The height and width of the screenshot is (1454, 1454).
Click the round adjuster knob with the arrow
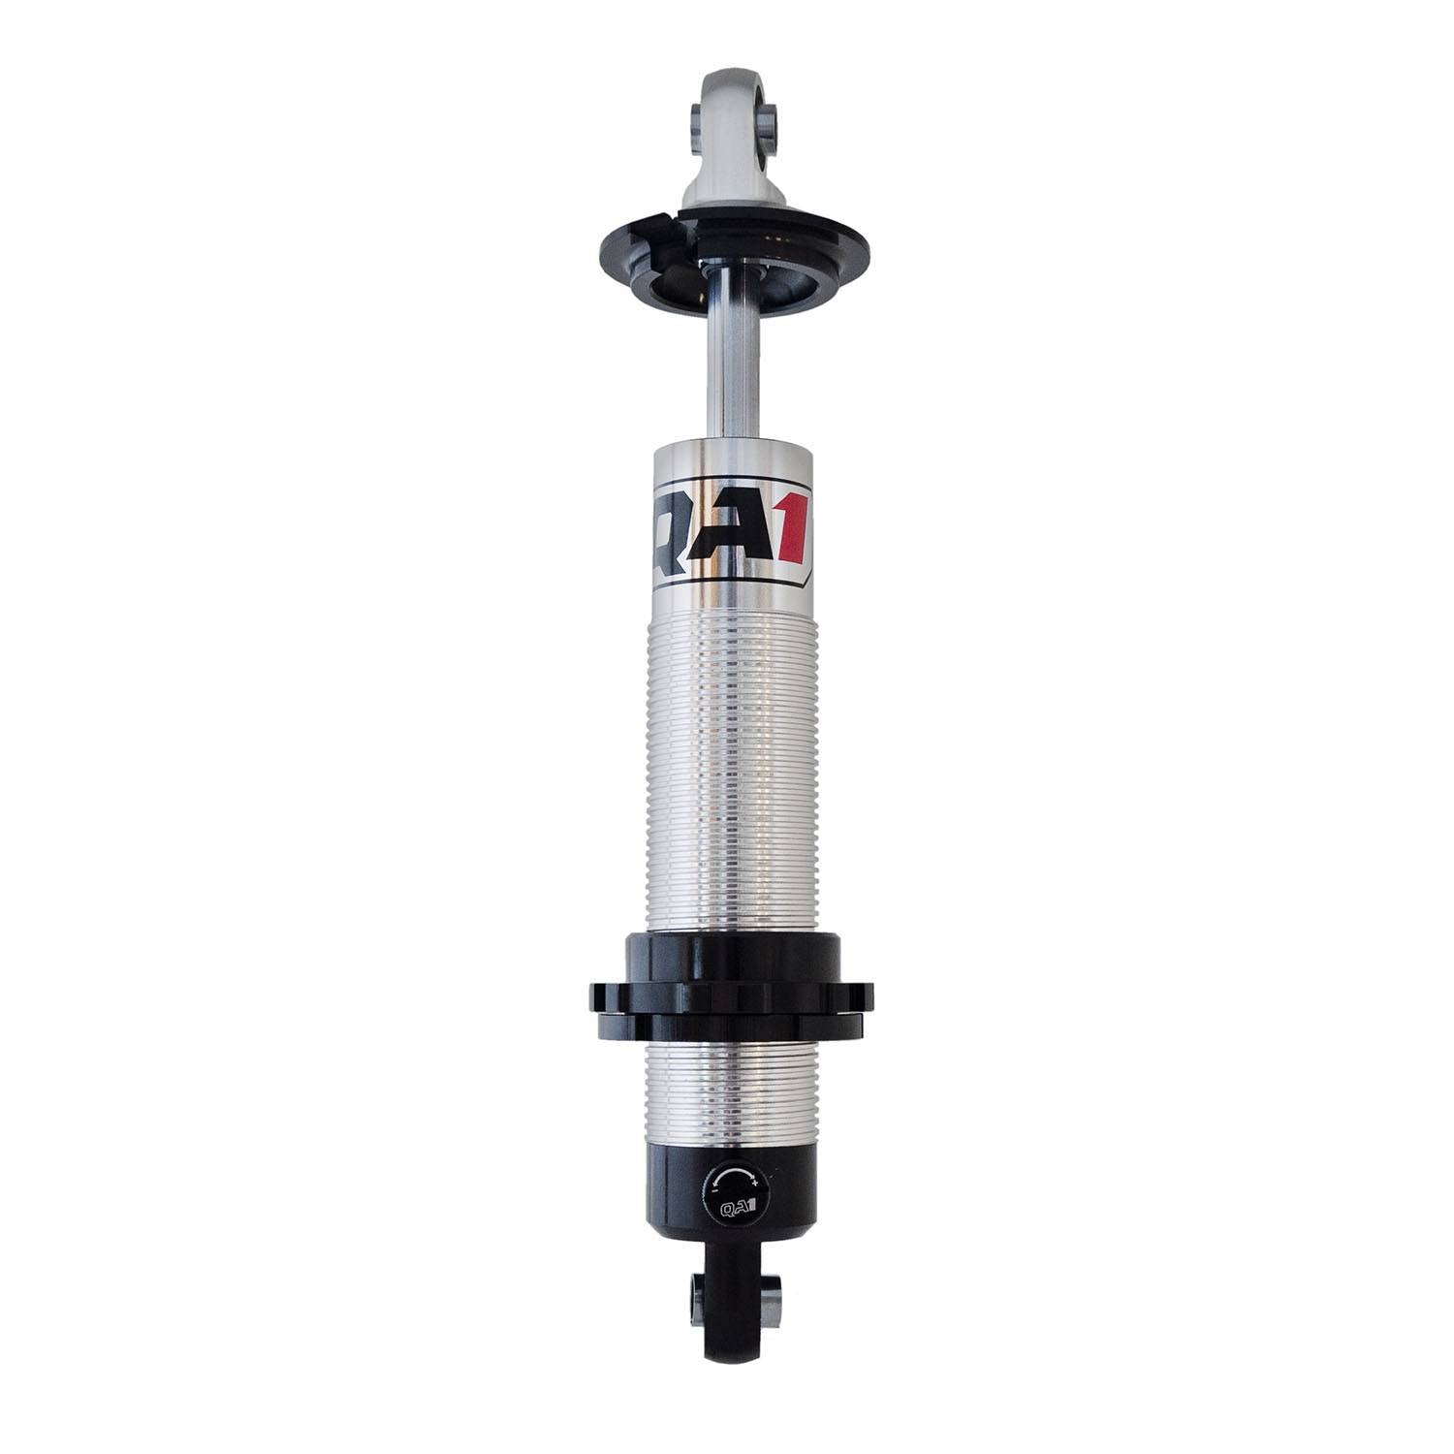pos(733,1190)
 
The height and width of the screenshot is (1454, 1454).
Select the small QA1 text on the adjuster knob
pos(733,1207)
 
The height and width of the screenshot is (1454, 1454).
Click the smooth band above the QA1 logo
pos(729,460)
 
